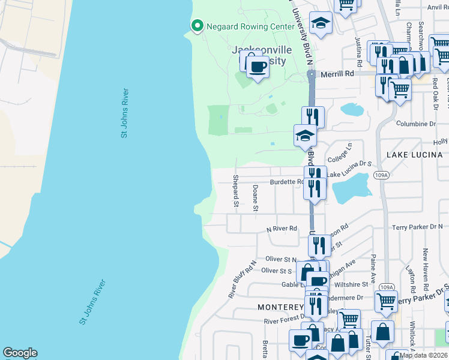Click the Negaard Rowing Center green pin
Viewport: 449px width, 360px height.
point(196,25)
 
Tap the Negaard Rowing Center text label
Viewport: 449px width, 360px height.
point(244,25)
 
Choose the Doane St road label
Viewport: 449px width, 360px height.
point(255,199)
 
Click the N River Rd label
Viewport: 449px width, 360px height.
point(282,229)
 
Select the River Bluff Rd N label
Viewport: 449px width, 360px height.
point(242,279)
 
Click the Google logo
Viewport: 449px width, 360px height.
point(20,353)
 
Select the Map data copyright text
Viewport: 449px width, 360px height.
point(423,355)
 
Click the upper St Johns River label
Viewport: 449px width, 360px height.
point(125,113)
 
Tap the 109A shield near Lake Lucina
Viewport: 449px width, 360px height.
point(379,175)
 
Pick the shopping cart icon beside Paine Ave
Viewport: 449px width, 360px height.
point(386,301)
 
